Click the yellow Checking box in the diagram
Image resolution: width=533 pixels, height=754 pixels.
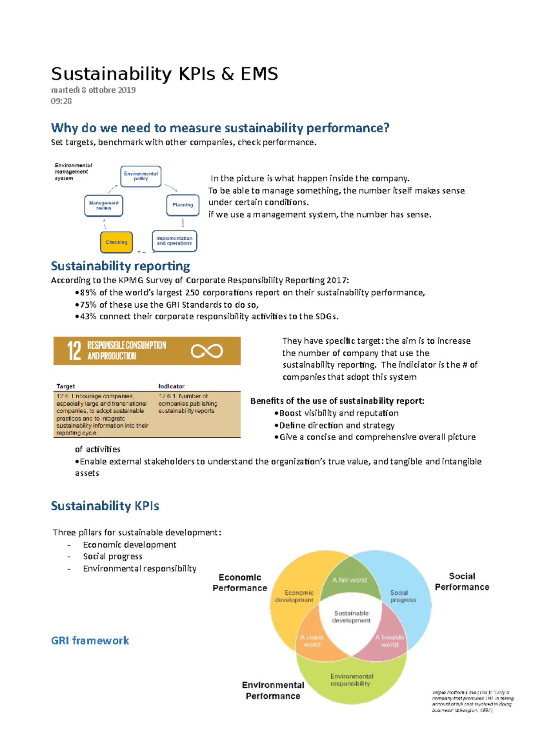[116, 242]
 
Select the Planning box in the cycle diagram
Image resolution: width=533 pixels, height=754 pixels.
[183, 205]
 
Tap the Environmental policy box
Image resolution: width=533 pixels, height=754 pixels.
[141, 176]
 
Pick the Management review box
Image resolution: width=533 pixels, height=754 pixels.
[103, 206]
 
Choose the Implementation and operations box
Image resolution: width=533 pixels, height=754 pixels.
[174, 241]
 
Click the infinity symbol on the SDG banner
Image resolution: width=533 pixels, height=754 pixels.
[207, 351]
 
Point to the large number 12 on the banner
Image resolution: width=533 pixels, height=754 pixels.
[74, 351]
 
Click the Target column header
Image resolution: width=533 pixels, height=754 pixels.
[66, 386]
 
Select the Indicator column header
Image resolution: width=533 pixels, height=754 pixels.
[171, 386]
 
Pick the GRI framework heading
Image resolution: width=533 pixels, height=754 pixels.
[90, 640]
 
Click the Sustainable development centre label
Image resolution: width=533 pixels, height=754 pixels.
[351, 616]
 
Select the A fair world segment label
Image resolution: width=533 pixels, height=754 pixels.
[350, 579]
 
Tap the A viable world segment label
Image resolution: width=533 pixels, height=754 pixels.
[312, 641]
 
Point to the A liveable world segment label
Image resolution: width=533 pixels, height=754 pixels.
[390, 641]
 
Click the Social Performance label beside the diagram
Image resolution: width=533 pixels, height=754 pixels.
[462, 581]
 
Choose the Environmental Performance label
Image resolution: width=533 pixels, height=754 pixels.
[273, 691]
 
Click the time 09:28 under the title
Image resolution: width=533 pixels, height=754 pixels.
[61, 101]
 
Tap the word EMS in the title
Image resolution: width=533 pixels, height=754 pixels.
[259, 74]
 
